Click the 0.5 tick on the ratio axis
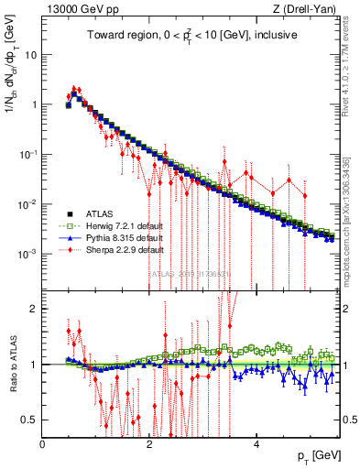coord(29,420)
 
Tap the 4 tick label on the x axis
coord(256,444)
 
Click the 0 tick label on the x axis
coord(43,444)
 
